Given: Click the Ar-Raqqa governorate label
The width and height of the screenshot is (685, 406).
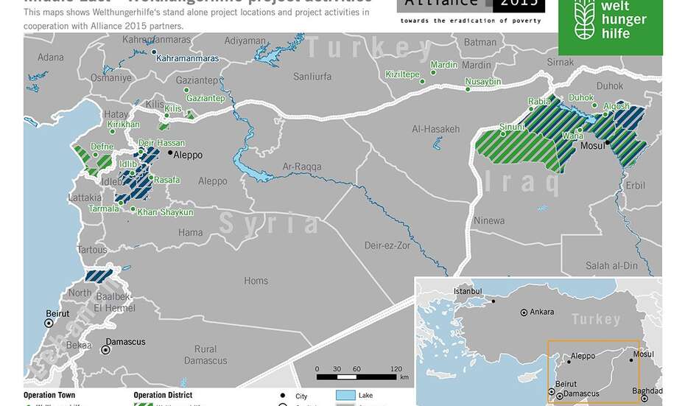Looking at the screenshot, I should [302, 167].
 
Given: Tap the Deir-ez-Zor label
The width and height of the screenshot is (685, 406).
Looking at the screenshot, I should [387, 245].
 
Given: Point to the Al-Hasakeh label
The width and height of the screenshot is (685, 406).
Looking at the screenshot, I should [436, 129].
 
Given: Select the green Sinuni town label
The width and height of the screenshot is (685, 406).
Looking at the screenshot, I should [513, 127].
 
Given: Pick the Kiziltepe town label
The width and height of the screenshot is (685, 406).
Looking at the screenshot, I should [402, 74].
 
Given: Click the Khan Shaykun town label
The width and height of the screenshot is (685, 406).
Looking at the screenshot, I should [166, 212].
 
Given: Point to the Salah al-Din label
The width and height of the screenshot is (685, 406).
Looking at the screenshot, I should [611, 265].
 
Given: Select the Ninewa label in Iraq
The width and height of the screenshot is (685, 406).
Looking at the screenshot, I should [489, 220].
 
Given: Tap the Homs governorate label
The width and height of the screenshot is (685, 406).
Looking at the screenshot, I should [256, 281].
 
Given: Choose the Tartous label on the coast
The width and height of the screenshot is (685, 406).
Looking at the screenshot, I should [91, 250].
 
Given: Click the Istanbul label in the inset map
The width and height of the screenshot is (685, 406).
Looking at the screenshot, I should [468, 292].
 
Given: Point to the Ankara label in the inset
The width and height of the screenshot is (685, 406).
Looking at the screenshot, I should [541, 312].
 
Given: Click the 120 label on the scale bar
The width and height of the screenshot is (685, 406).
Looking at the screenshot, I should [396, 368].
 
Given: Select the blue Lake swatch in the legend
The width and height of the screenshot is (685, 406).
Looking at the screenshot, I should [345, 396].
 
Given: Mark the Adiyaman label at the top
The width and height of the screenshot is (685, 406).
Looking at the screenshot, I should [246, 41].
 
